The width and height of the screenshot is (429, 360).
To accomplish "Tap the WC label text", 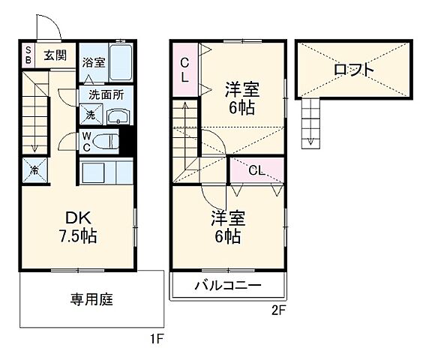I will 87,141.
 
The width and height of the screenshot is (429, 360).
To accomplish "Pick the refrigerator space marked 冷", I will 34,169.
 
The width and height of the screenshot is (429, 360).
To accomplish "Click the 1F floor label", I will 155,339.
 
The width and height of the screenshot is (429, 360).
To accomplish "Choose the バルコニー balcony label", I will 228,286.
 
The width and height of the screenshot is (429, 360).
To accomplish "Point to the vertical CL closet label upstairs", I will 184,70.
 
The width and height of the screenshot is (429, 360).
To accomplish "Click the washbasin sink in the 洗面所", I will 118,116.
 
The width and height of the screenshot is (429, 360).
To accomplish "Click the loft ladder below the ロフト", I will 310,121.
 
